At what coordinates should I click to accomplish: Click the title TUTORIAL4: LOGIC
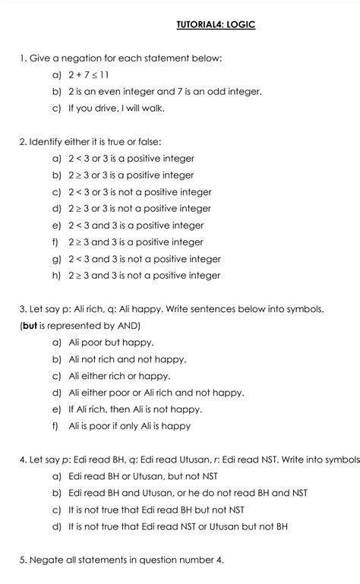click(x=216, y=25)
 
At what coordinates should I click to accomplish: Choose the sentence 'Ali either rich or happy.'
click(x=119, y=376)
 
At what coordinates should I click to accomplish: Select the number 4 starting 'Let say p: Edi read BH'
click(x=23, y=459)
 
